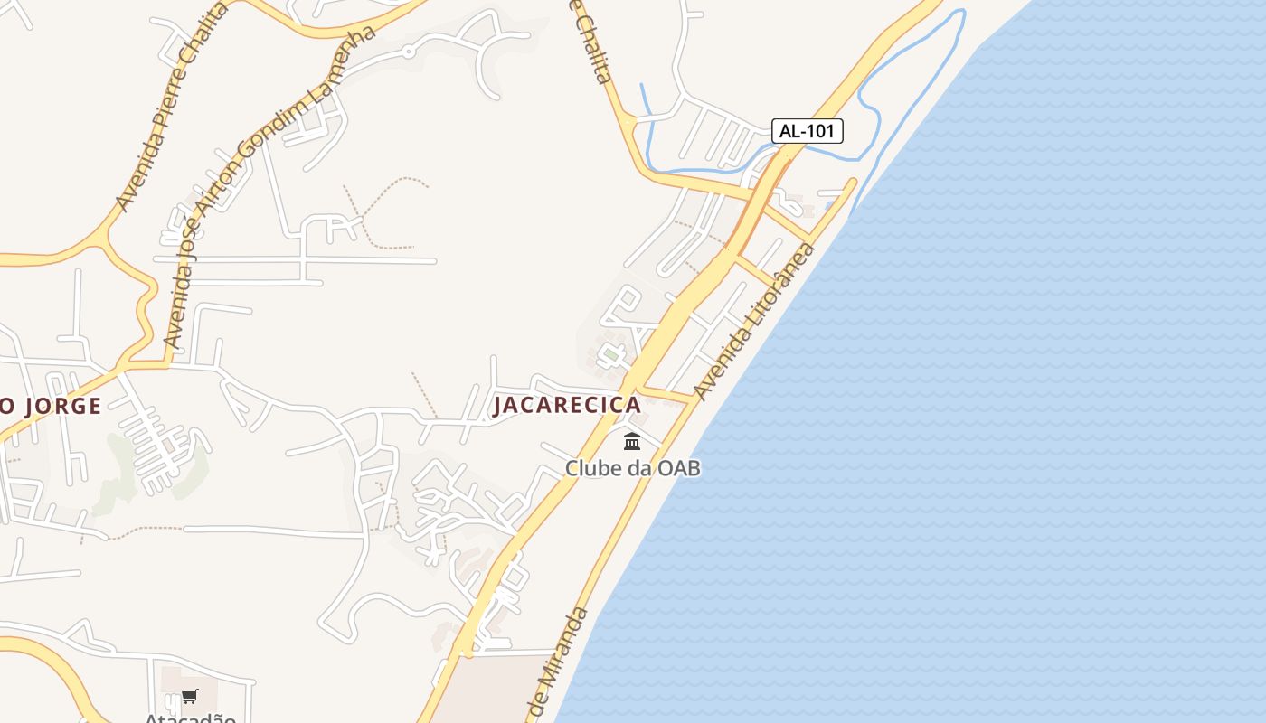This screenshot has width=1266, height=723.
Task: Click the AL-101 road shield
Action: (x=807, y=131)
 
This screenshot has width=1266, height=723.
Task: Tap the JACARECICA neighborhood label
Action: (x=567, y=405)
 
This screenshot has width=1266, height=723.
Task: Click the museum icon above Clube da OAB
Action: (x=632, y=442)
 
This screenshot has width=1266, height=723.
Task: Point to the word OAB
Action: (x=679, y=468)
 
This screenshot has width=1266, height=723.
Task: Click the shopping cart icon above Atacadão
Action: (x=189, y=696)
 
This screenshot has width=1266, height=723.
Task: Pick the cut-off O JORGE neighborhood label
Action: (x=51, y=406)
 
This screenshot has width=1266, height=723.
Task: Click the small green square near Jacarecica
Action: (x=611, y=356)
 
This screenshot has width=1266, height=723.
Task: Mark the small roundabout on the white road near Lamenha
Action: (x=409, y=52)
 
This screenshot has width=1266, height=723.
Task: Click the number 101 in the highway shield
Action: (x=819, y=131)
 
